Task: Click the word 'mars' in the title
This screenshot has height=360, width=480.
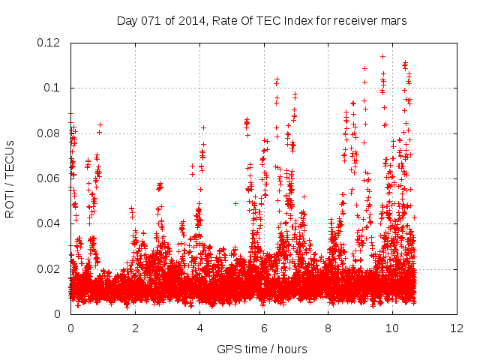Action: tap(393, 21)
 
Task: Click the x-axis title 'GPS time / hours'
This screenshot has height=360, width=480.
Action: tap(262, 349)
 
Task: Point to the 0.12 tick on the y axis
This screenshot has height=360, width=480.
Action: tap(49, 43)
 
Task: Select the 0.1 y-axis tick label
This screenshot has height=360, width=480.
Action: tap(52, 88)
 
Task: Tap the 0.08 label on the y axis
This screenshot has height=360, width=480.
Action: tap(49, 133)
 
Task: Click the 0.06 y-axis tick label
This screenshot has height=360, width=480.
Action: tap(49, 178)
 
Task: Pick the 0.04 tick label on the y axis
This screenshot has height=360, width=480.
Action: tap(49, 223)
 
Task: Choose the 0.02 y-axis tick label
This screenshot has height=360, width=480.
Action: tap(49, 269)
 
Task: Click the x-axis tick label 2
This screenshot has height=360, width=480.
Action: tap(135, 328)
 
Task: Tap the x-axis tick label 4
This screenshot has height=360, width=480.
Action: tap(199, 328)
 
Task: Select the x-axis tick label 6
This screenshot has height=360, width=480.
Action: tap(264, 328)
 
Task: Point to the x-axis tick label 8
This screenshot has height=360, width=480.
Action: tap(328, 328)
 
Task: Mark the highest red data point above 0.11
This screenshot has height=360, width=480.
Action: tap(382, 56)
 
